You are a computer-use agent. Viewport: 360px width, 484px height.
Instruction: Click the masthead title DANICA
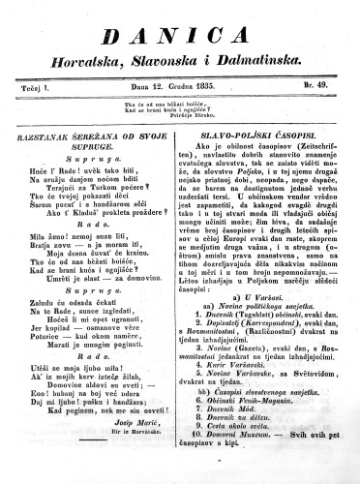coord(181,37)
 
